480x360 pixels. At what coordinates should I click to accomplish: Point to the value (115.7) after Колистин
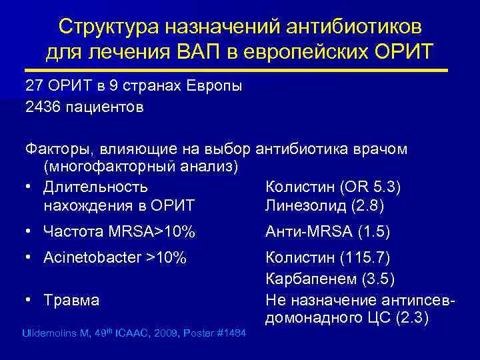pos(365,257)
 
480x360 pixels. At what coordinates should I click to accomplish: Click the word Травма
pos(71,300)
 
